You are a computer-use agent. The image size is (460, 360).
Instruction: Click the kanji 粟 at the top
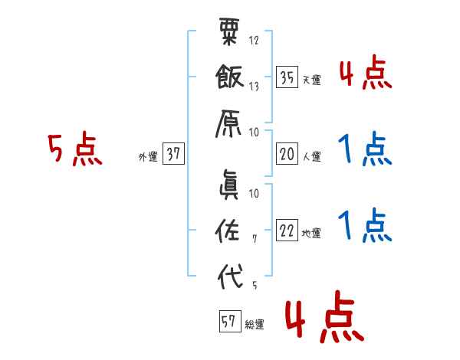(230, 34)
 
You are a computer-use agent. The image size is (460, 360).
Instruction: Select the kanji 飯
(230, 77)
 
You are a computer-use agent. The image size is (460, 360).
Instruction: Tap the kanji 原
(230, 120)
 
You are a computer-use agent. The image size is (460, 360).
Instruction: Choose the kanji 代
(230, 275)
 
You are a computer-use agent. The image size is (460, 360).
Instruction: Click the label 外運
(147, 156)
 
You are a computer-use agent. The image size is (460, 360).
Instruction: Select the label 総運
(255, 324)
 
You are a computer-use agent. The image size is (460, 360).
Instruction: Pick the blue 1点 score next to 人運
(365, 149)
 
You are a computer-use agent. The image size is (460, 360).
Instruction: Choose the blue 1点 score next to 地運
(365, 225)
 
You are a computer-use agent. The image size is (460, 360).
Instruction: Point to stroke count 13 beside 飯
(254, 87)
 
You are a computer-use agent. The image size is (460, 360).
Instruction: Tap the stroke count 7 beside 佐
(254, 240)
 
